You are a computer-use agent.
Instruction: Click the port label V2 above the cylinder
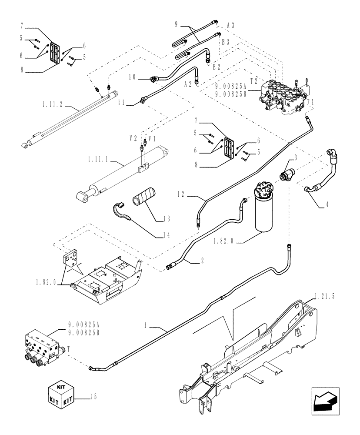(133, 138)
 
